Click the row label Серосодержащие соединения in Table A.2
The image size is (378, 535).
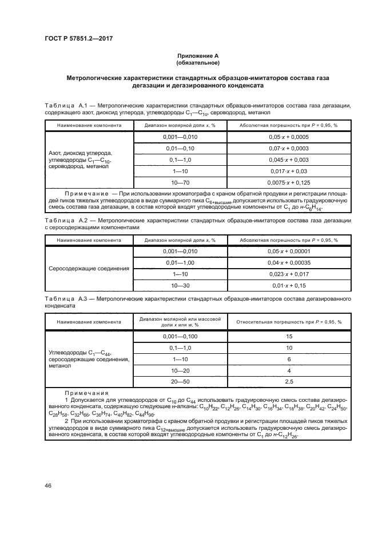(x=89, y=267)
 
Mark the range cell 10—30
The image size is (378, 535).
(x=180, y=285)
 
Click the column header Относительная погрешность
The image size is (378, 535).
(x=288, y=322)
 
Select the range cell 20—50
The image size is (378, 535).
(x=180, y=381)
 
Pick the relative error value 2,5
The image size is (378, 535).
(x=288, y=381)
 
